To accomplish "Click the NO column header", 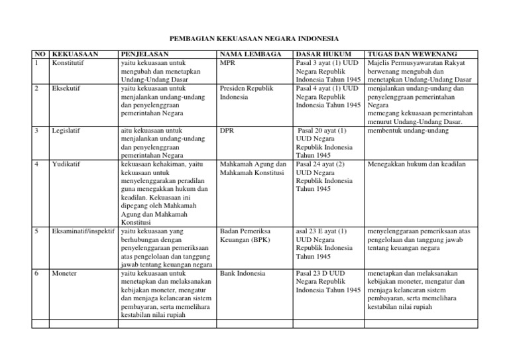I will click(x=40, y=54).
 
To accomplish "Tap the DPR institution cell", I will click(x=227, y=131).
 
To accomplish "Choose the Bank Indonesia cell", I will click(x=243, y=273).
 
